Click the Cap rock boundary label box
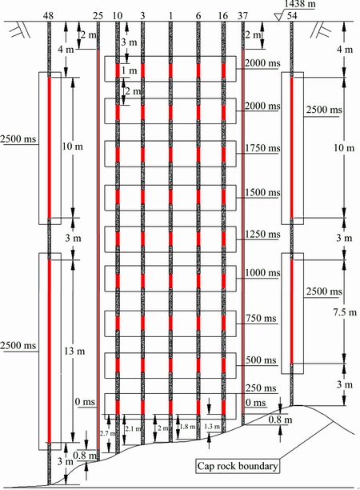[238, 466]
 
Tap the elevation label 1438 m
[300, 4]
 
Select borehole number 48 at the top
[48, 16]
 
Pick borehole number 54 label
[292, 16]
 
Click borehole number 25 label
[98, 16]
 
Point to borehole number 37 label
[242, 16]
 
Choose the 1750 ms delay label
[262, 148]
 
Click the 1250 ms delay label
[262, 235]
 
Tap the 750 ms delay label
[261, 319]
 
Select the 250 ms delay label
[261, 388]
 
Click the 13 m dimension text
[74, 351]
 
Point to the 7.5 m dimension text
[345, 312]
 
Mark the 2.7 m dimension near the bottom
[107, 433]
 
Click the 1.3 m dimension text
[212, 427]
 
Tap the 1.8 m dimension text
[187, 427]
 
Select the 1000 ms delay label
[262, 273]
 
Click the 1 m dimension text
[129, 70]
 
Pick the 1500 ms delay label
[262, 192]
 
